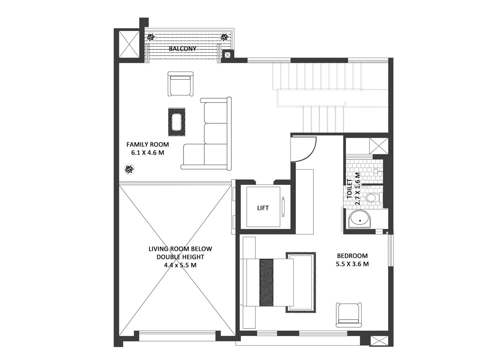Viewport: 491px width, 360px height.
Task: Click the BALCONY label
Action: coord(182,49)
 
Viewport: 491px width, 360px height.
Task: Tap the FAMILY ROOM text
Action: coord(148,145)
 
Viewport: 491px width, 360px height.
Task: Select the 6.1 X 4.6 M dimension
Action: coord(148,153)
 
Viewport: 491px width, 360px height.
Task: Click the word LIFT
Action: coord(263,208)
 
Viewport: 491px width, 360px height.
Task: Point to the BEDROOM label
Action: coord(352,256)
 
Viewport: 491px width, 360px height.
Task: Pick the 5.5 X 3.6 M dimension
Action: coord(352,264)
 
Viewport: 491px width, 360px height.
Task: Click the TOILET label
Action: coord(350,189)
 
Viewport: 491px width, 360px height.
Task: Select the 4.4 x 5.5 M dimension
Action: coord(180,265)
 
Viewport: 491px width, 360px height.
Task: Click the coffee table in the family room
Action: coord(176,122)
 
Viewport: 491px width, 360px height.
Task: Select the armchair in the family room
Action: coord(180,84)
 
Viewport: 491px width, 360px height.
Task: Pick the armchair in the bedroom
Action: coord(349,315)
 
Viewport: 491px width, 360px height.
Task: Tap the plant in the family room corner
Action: coord(129,169)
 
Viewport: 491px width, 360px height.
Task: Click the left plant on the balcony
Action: coord(151,37)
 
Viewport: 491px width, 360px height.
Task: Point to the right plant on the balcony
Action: coord(225,37)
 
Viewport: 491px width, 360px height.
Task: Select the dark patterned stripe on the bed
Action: coord(266,282)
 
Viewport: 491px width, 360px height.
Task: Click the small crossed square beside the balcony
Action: coord(227,55)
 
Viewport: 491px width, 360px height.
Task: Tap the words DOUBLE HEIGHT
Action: coord(180,257)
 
